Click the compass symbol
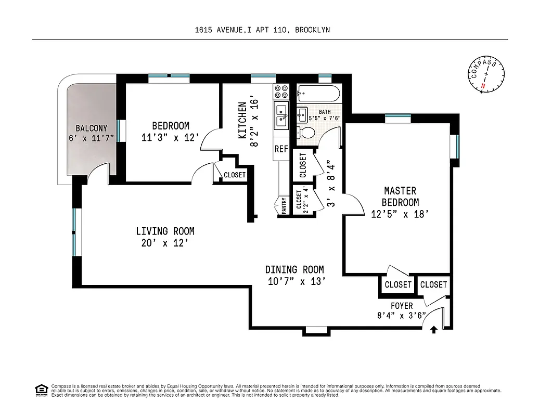487,75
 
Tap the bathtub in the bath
318,95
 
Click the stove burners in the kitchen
281,92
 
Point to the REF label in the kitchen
281,149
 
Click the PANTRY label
284,205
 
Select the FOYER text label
402,306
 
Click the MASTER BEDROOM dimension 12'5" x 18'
400,213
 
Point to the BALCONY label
91,128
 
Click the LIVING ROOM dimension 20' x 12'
165,243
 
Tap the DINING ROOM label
294,269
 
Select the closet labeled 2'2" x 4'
303,200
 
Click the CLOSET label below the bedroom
235,175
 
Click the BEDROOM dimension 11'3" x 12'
171,138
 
